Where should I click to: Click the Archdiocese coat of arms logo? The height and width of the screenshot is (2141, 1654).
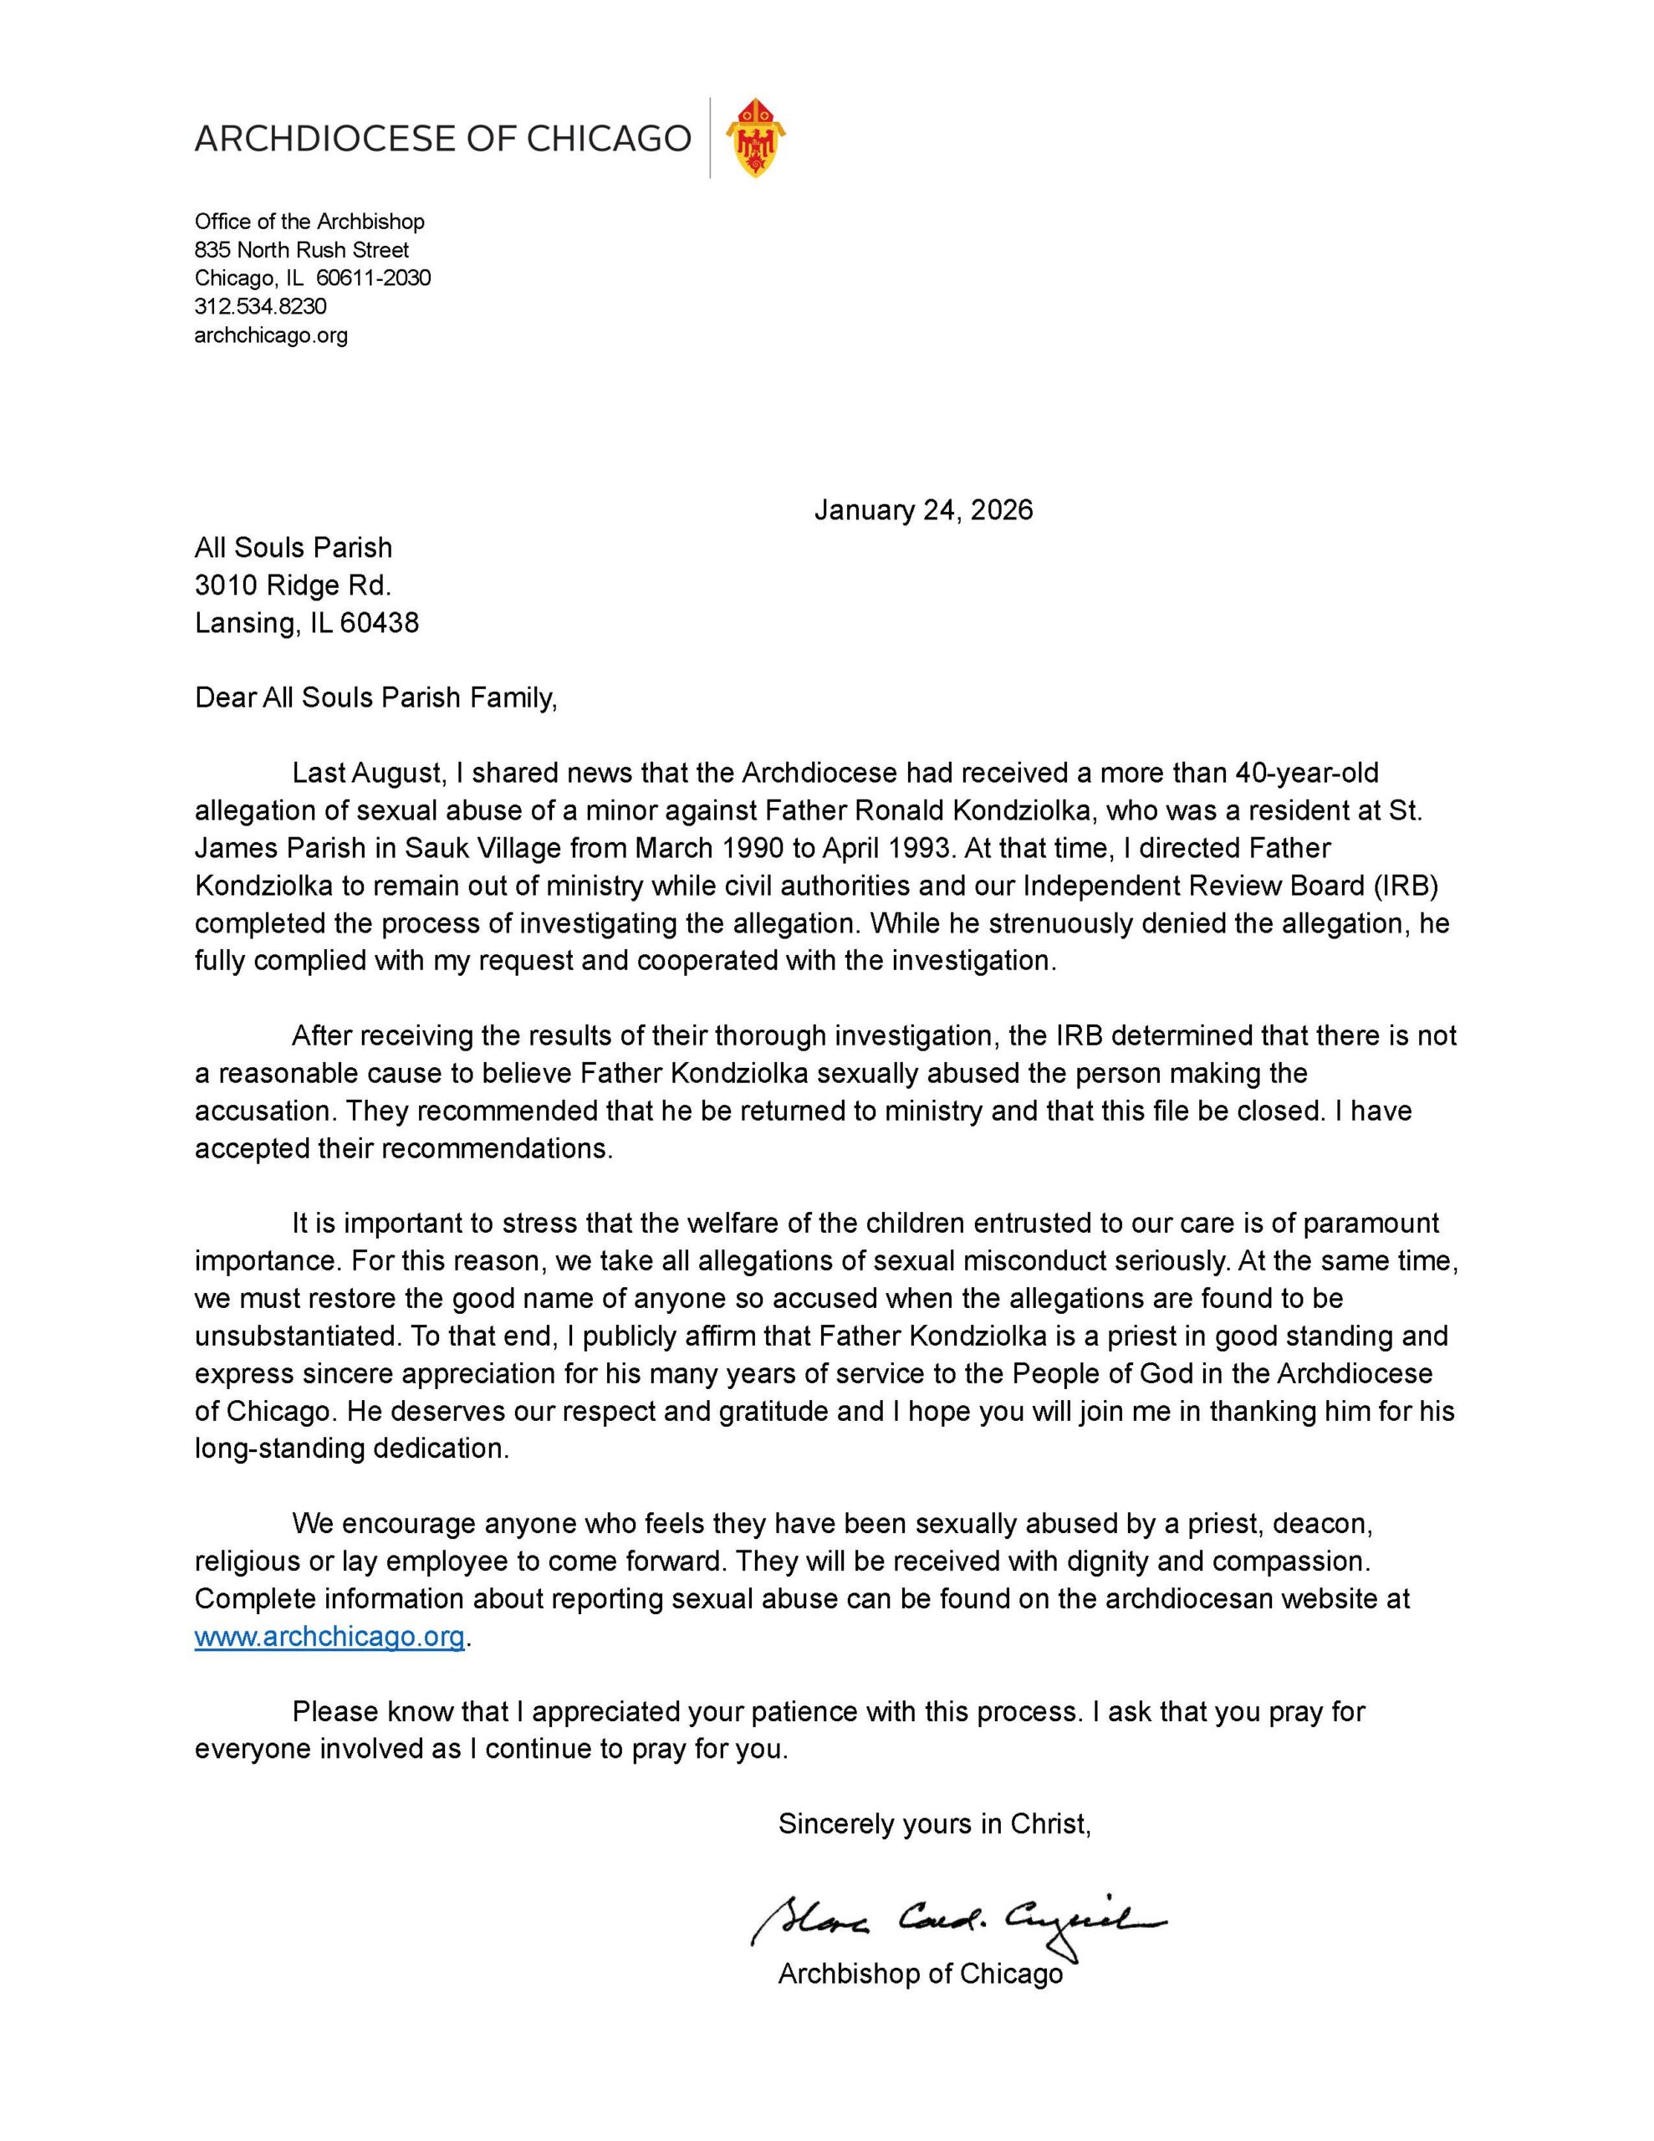[755, 137]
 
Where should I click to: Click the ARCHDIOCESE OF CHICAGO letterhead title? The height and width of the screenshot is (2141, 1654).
[442, 139]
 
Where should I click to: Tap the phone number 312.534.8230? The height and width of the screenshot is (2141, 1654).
[260, 307]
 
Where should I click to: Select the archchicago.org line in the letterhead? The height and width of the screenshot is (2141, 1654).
[271, 335]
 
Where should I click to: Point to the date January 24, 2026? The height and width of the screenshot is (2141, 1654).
[922, 510]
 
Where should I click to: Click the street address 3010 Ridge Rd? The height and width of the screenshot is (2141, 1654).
[294, 585]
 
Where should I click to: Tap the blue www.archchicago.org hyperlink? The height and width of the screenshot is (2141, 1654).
[329, 1636]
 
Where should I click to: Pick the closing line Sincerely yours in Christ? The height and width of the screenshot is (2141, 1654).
[934, 1823]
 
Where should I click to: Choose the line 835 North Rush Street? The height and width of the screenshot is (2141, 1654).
[302, 250]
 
